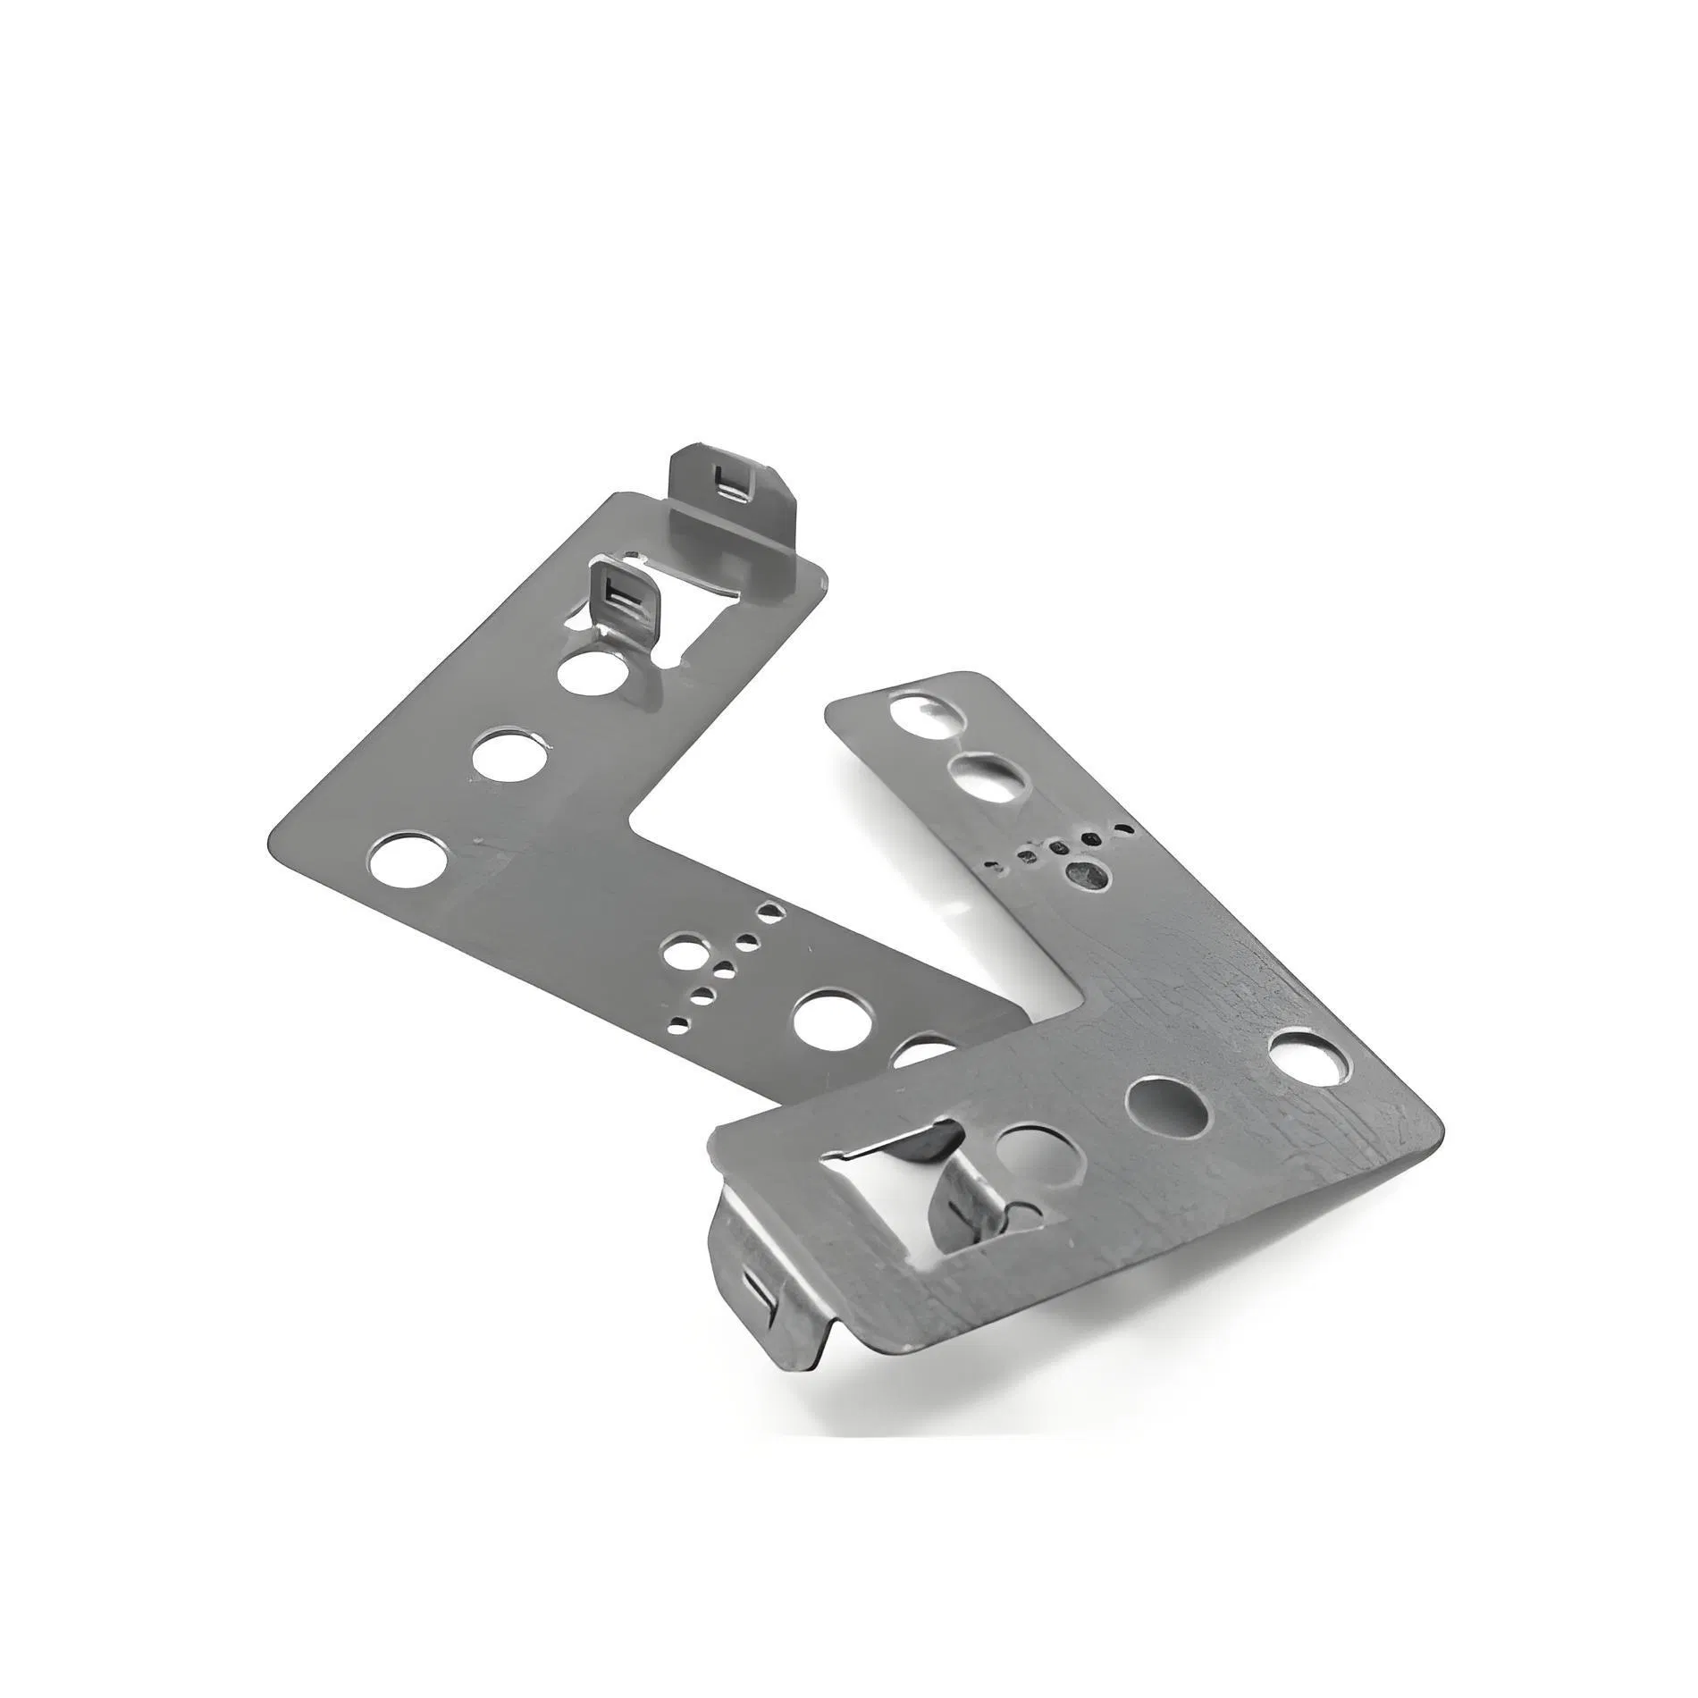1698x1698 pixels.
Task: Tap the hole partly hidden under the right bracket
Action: click(925, 1047)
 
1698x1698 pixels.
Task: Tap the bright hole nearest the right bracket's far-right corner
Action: click(1308, 1055)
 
